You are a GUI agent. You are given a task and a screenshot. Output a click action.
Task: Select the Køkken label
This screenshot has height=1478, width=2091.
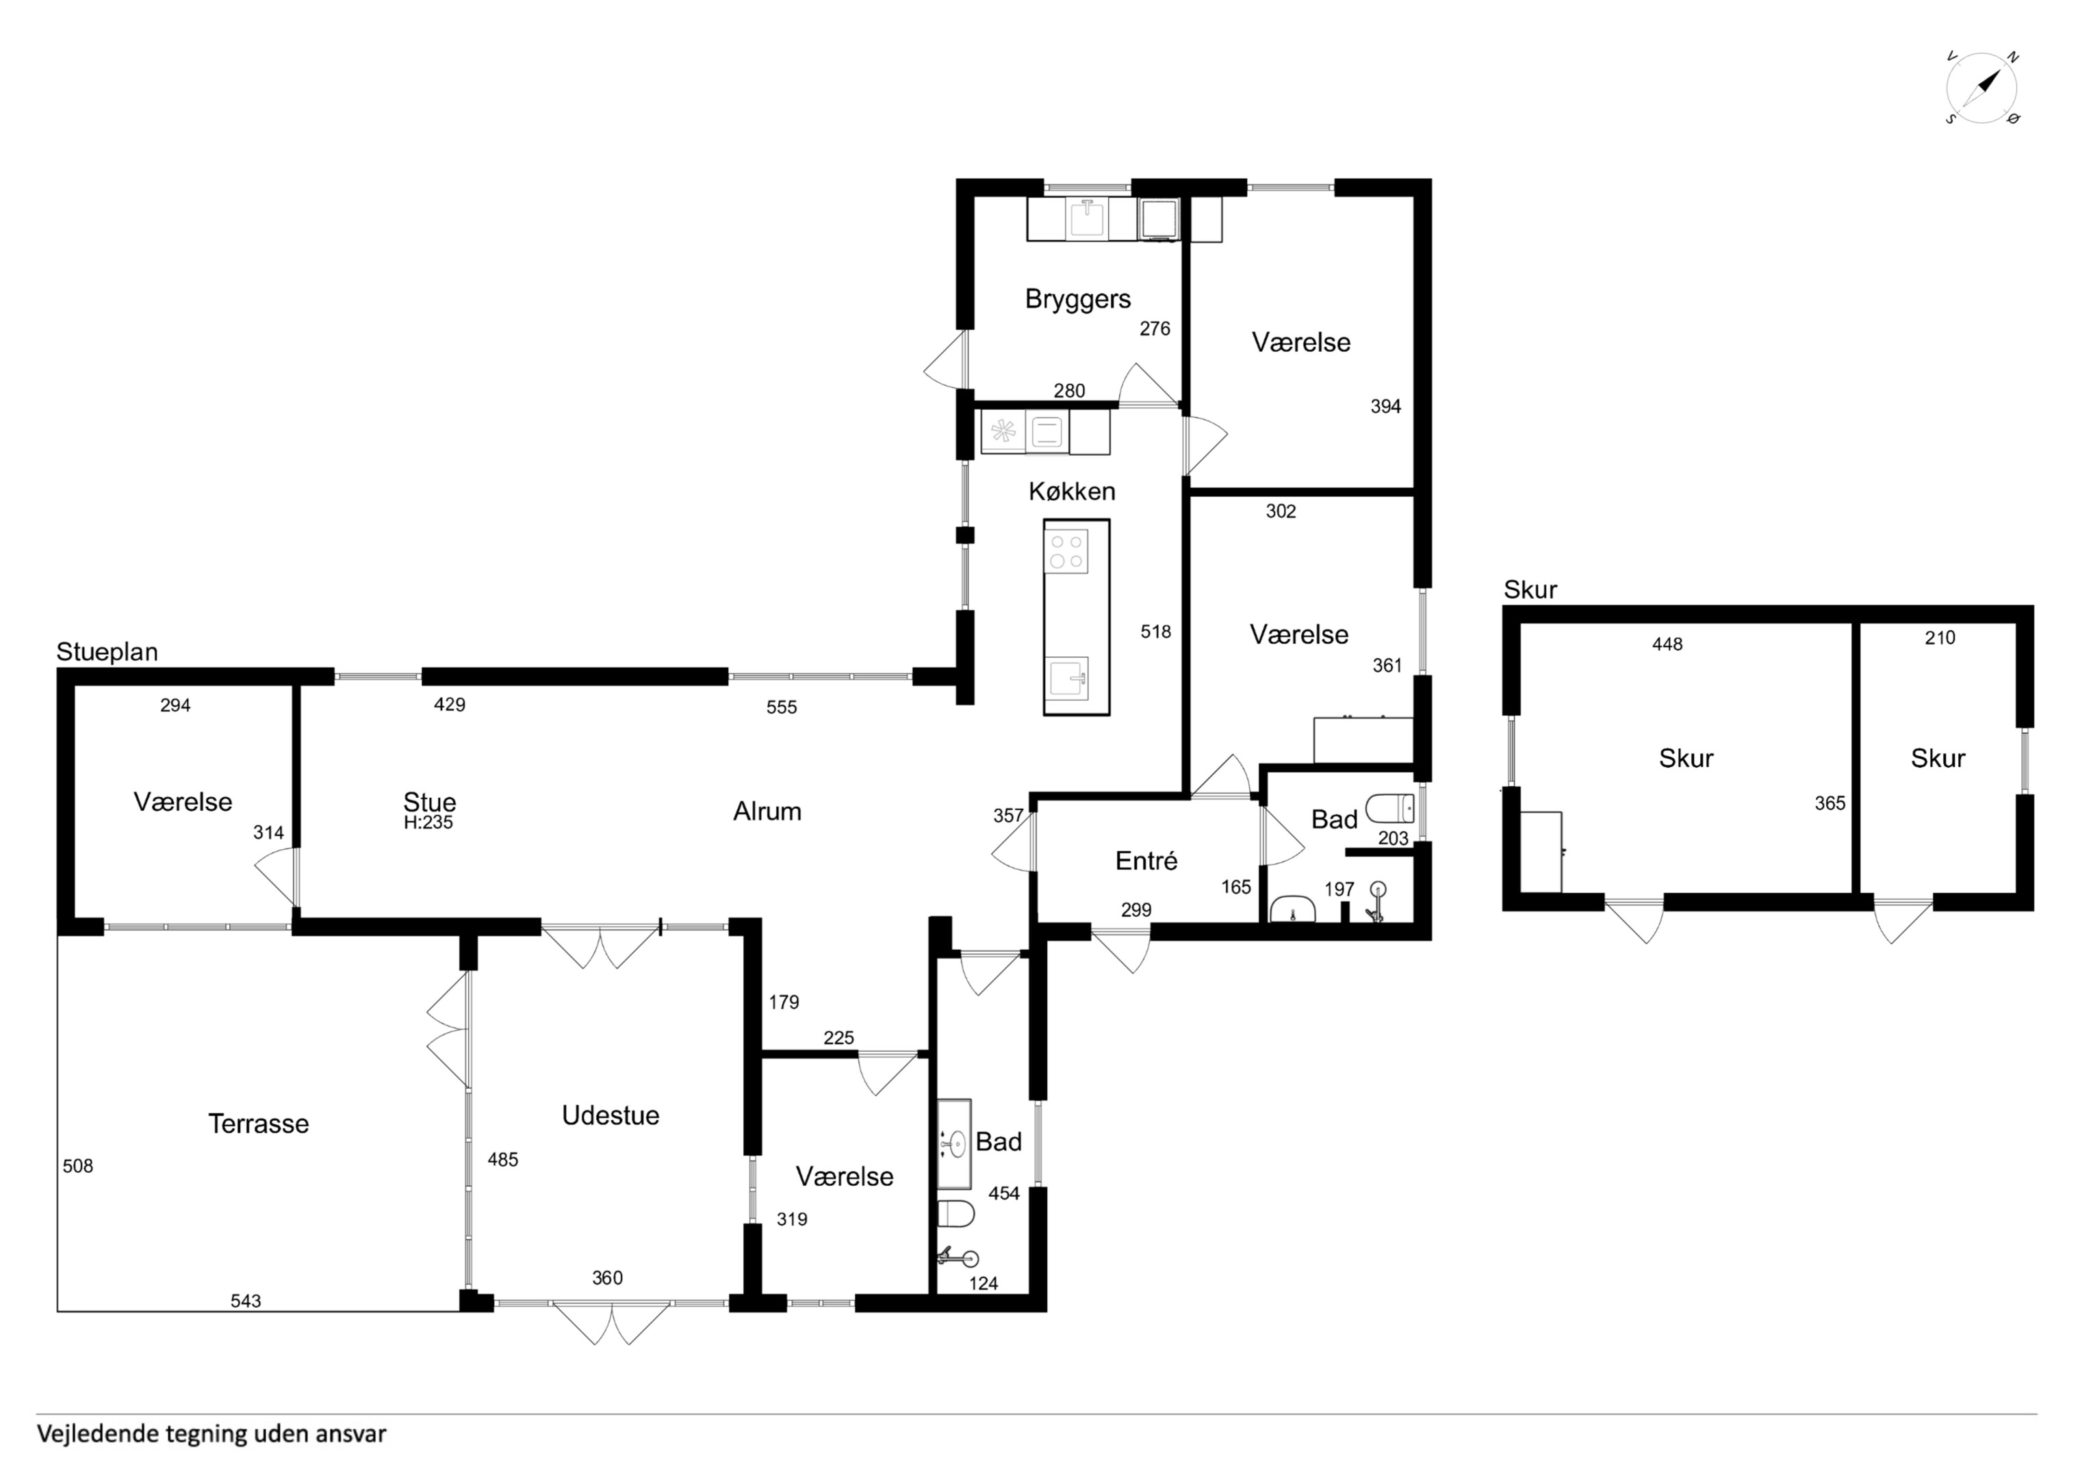[x=1072, y=492]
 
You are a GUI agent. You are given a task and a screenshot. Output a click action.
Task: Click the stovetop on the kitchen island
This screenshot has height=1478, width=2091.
[x=1066, y=551]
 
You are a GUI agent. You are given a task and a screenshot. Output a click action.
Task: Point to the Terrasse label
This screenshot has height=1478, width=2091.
[x=259, y=1124]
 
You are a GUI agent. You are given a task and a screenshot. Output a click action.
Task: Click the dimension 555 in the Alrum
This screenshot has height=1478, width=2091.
[x=782, y=707]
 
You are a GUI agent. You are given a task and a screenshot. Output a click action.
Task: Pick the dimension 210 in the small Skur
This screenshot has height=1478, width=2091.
[x=1940, y=638]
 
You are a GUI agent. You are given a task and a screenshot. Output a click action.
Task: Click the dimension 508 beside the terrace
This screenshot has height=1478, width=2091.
[x=77, y=1166]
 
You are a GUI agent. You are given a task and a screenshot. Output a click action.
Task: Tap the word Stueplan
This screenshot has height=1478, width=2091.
[x=107, y=652]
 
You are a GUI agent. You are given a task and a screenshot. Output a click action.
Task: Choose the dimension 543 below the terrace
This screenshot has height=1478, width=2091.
[x=246, y=1301]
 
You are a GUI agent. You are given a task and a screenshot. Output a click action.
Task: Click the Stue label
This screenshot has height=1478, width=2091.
[x=430, y=801]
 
